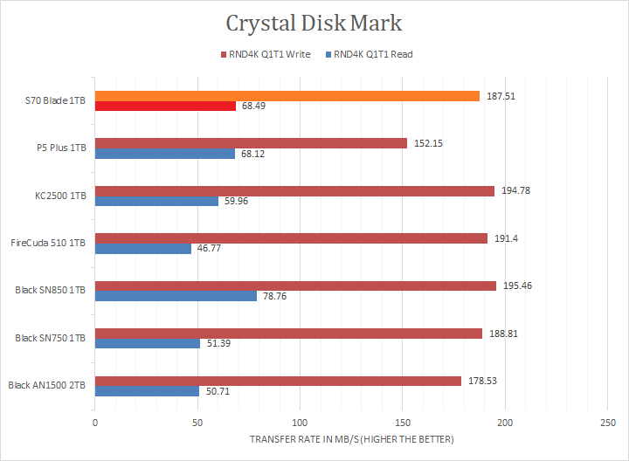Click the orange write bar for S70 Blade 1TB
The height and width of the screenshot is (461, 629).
pos(287,96)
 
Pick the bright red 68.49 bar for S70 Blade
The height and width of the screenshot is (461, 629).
pos(165,107)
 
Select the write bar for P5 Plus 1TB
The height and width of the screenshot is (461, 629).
pos(251,143)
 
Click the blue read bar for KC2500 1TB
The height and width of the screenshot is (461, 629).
pos(156,201)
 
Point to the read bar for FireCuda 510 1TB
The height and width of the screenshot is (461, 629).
pos(142,248)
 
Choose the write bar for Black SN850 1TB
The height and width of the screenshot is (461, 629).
pos(295,286)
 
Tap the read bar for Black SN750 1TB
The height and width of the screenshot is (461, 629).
pos(148,343)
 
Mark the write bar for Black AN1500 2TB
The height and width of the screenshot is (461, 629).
pos(278,380)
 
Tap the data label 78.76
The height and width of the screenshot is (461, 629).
pos(274,296)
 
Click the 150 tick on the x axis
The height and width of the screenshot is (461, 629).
pos(402,423)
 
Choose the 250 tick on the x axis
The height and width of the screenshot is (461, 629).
pos(607,423)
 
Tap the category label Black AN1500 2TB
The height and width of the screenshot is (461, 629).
pos(47,385)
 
